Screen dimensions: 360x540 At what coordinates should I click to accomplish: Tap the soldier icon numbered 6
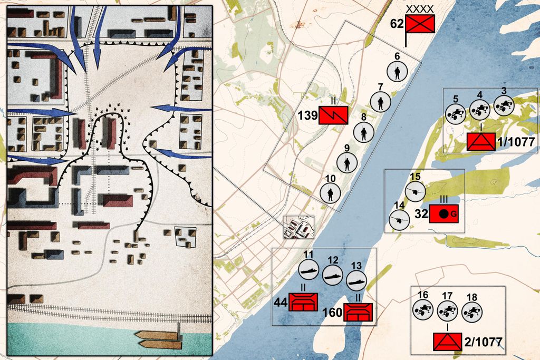tap(397, 72)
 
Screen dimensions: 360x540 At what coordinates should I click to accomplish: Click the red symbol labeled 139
tap(333, 115)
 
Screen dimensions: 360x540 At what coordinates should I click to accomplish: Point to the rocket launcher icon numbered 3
tap(504, 106)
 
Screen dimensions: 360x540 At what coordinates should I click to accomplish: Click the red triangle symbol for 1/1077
tap(481, 142)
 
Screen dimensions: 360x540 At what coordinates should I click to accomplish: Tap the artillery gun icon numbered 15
tap(415, 191)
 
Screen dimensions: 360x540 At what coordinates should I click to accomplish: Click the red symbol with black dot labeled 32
tap(443, 213)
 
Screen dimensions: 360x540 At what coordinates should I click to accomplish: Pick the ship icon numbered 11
tap(309, 271)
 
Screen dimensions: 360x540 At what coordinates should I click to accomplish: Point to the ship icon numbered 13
tap(356, 279)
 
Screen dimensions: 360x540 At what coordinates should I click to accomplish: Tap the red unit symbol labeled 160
tap(359, 313)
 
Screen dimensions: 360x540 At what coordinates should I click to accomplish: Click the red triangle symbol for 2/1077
tap(447, 343)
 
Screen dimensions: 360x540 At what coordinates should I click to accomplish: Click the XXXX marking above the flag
tap(420, 8)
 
